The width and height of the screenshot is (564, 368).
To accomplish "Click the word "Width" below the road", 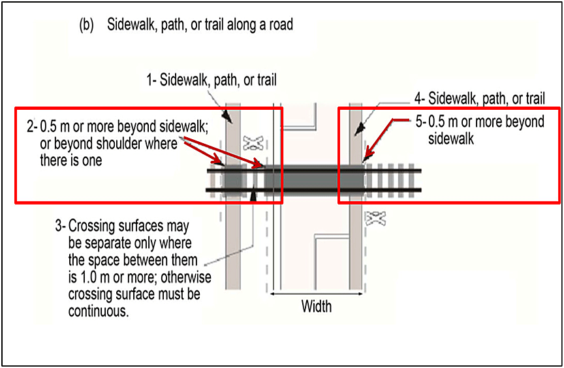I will [x=316, y=306].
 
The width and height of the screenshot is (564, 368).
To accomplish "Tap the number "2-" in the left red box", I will [x=32, y=127].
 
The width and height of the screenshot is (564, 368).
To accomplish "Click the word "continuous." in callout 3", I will [x=99, y=310].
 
